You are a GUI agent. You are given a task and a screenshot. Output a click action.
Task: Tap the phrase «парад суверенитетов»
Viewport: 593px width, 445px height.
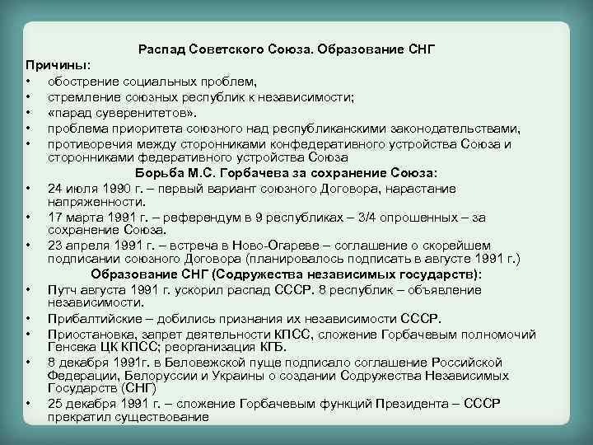123,111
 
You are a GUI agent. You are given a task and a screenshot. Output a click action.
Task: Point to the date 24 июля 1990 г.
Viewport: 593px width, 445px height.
90,187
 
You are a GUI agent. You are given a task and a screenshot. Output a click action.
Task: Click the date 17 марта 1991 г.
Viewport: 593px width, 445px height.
93,217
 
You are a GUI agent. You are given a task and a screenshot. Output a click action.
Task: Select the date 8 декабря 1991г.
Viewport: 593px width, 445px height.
96,362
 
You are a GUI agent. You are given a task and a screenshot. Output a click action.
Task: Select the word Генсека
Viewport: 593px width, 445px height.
71,347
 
